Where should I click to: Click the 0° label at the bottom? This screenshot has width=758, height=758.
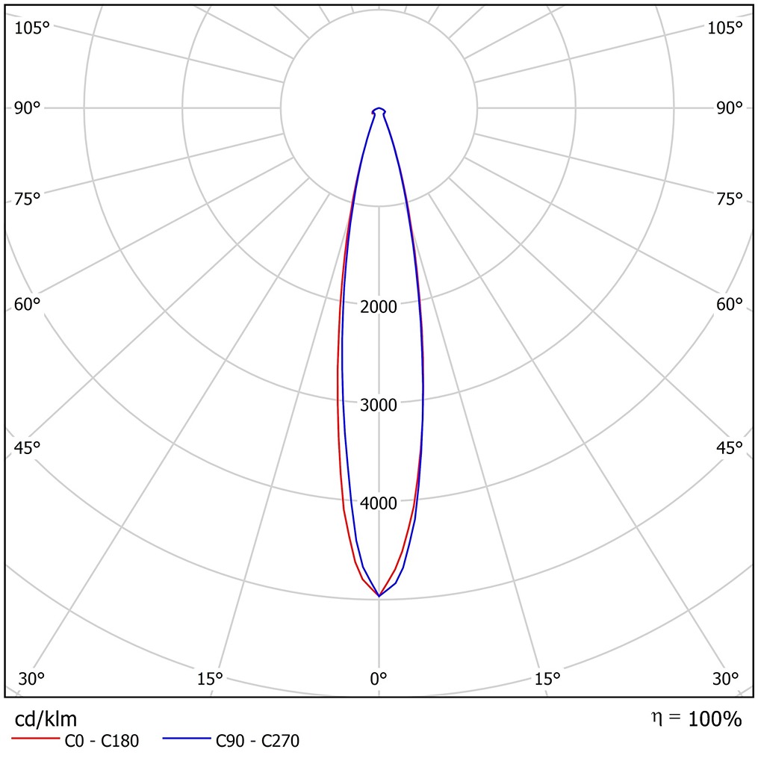[379, 679]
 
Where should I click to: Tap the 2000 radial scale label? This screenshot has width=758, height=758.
[379, 307]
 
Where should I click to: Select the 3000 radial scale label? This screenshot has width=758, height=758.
[379, 405]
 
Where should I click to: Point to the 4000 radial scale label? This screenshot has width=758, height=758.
[379, 503]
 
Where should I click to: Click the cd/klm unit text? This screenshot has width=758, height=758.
[46, 719]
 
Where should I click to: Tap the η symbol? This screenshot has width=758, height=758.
[656, 718]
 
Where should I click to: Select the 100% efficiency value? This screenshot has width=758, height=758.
[715, 720]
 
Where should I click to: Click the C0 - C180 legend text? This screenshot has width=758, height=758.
[102, 741]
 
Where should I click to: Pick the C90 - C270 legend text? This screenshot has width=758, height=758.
[258, 741]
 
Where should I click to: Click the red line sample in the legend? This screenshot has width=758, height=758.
[35, 740]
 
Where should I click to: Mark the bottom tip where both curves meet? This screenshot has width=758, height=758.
[379, 596]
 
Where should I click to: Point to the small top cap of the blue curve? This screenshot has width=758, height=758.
[379, 110]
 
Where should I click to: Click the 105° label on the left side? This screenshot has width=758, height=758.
[32, 28]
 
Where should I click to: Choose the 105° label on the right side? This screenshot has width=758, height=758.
[725, 28]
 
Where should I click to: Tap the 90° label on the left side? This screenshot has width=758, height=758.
[28, 108]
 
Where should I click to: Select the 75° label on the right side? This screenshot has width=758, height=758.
[729, 199]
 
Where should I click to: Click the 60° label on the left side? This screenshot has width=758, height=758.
[28, 305]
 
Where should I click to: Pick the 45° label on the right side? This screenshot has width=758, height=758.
[729, 447]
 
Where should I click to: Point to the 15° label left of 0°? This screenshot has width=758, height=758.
[210, 679]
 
